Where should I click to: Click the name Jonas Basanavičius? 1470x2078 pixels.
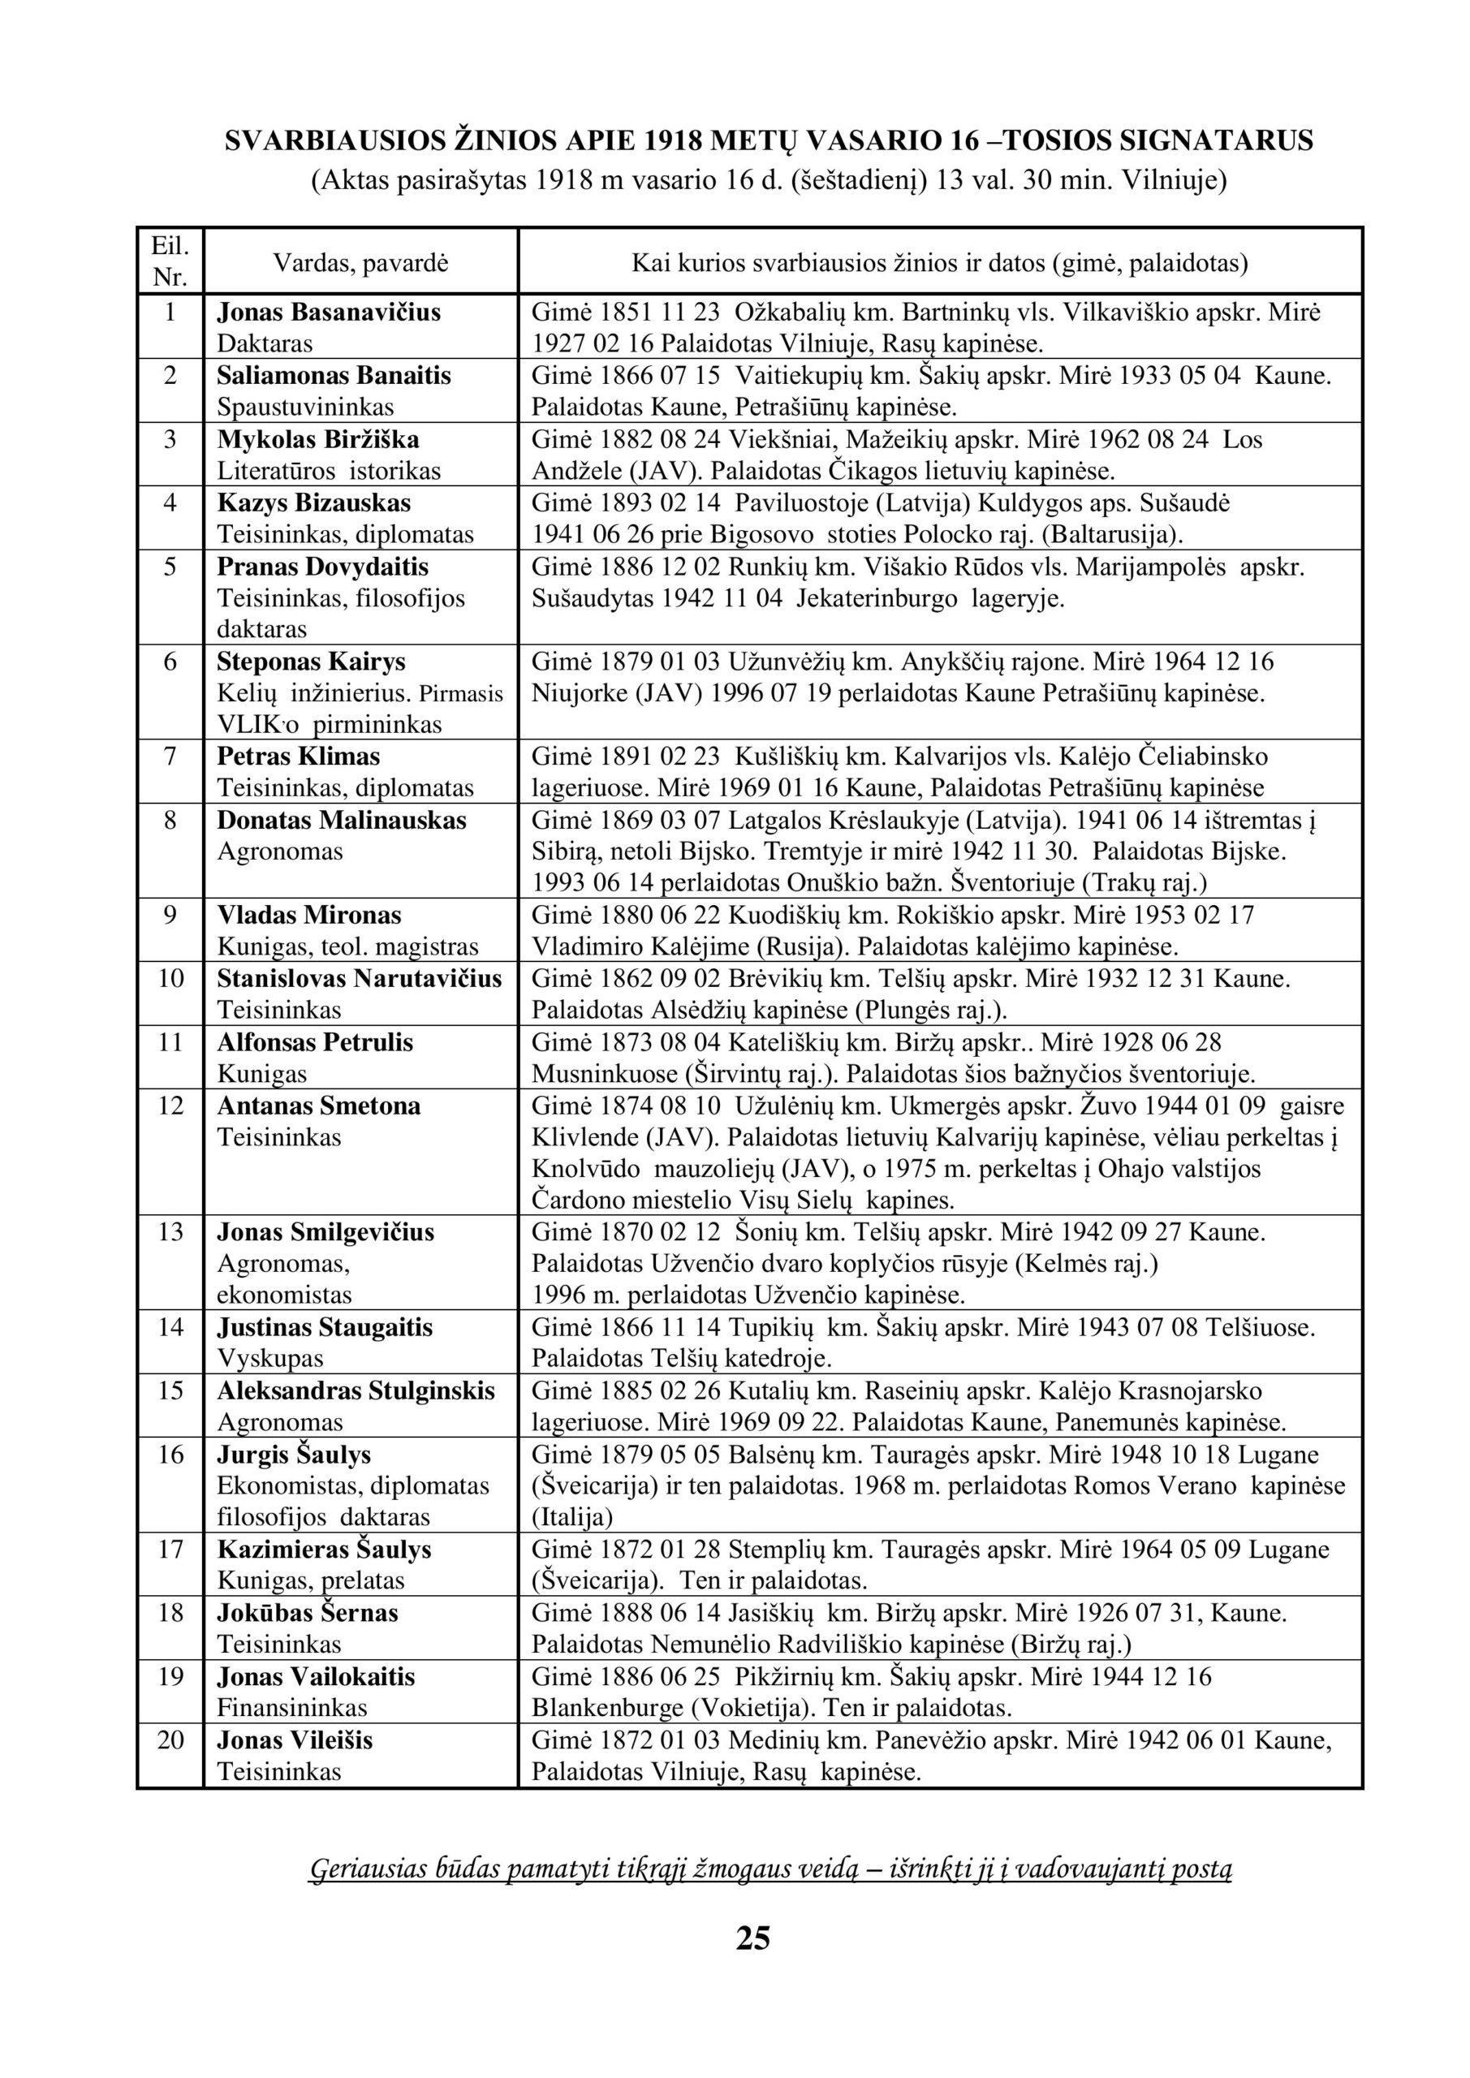[329, 313]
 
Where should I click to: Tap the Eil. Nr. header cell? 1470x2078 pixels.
[170, 261]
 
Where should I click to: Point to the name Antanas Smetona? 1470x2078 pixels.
[319, 1106]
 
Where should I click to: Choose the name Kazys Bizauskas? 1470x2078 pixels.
[313, 503]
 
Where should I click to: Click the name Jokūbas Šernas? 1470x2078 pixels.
[307, 1613]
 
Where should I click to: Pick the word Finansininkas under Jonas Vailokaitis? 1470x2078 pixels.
[291, 1708]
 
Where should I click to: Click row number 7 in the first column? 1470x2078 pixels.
[170, 757]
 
